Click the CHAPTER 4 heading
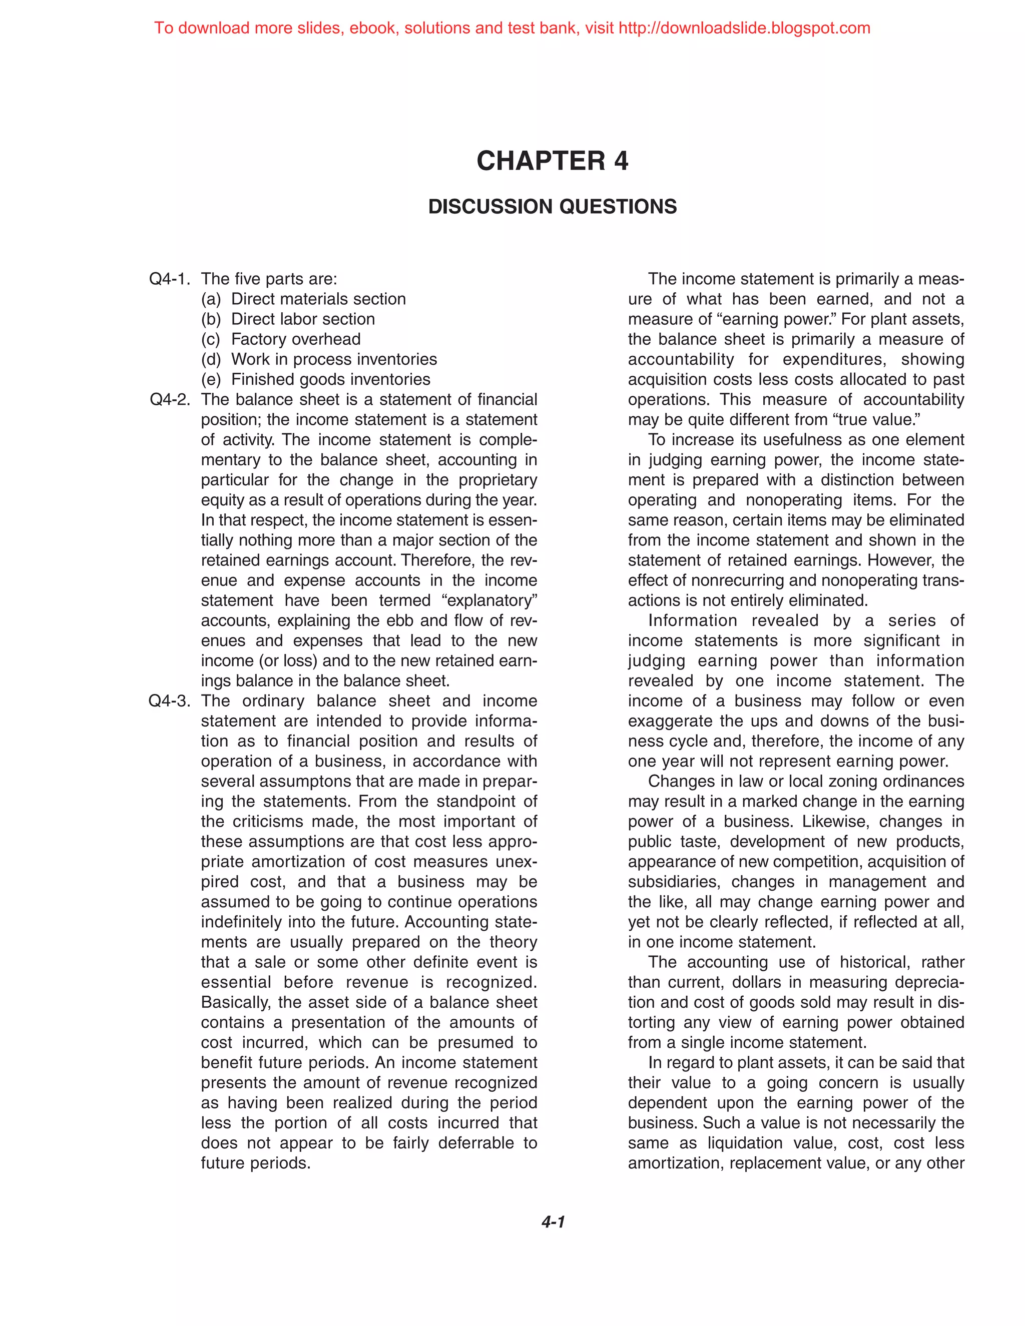tap(552, 161)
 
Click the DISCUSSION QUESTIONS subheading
tap(552, 207)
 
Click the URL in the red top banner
tap(744, 28)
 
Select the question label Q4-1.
tap(170, 279)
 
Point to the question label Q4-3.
tap(170, 701)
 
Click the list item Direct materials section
tap(318, 299)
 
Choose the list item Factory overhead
tap(296, 339)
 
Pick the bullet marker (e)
tap(211, 379)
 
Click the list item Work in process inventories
tap(333, 359)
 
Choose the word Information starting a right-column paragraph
tap(693, 620)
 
